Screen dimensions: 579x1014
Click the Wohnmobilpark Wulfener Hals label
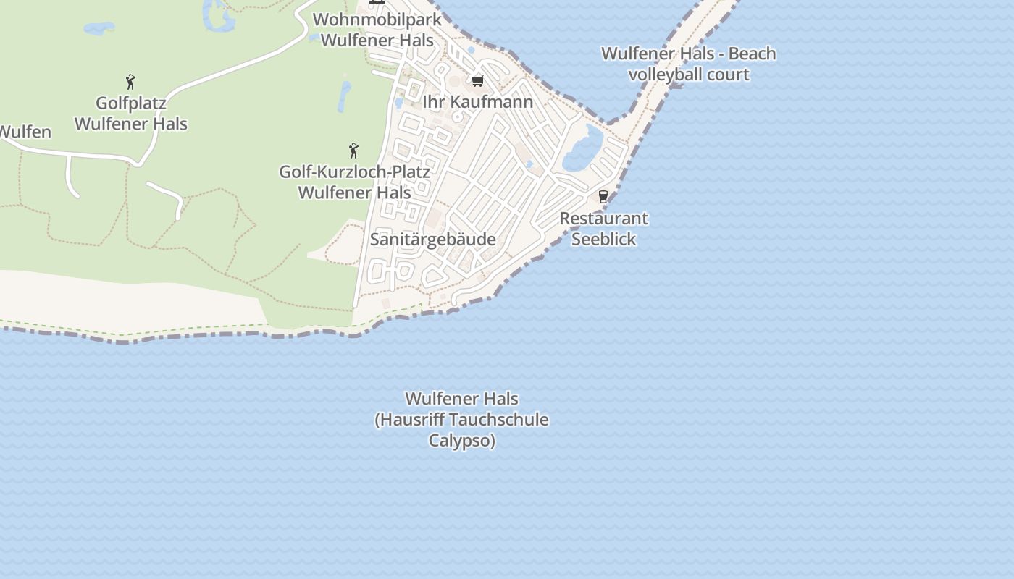click(x=377, y=30)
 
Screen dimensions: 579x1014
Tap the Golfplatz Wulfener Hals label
click(x=131, y=114)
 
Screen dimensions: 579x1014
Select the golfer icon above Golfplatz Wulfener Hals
click(x=130, y=81)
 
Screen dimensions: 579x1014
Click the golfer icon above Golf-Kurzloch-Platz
click(x=353, y=151)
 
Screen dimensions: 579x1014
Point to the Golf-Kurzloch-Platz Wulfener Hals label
click(x=355, y=182)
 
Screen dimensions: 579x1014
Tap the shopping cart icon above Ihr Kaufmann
click(x=477, y=80)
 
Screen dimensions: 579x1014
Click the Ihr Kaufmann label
click(x=477, y=102)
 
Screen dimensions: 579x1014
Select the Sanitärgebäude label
click(x=433, y=240)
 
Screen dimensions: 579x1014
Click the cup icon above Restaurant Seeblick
click(x=603, y=196)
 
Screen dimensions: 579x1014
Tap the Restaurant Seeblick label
click(x=603, y=229)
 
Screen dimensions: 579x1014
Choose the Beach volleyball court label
click(x=688, y=64)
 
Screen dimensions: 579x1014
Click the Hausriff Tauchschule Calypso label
click(x=461, y=420)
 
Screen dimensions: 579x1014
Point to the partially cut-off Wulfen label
click(x=25, y=132)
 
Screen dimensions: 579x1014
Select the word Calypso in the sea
click(x=461, y=441)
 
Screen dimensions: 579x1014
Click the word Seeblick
click(x=603, y=240)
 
